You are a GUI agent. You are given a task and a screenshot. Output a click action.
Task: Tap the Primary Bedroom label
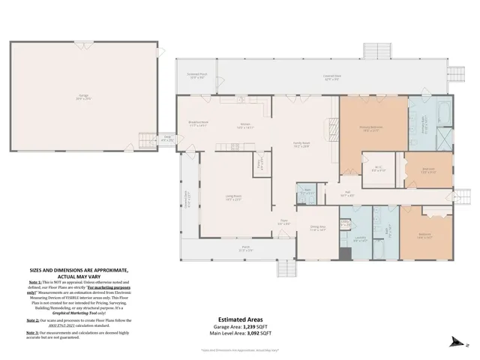pos(373,129)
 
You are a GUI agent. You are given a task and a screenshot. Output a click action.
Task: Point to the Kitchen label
pos(245,126)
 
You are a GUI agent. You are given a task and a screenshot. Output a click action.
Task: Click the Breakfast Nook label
pos(199,126)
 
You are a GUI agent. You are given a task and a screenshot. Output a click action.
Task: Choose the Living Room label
pos(233,198)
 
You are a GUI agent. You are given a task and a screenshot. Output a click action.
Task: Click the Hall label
pos(348,193)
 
